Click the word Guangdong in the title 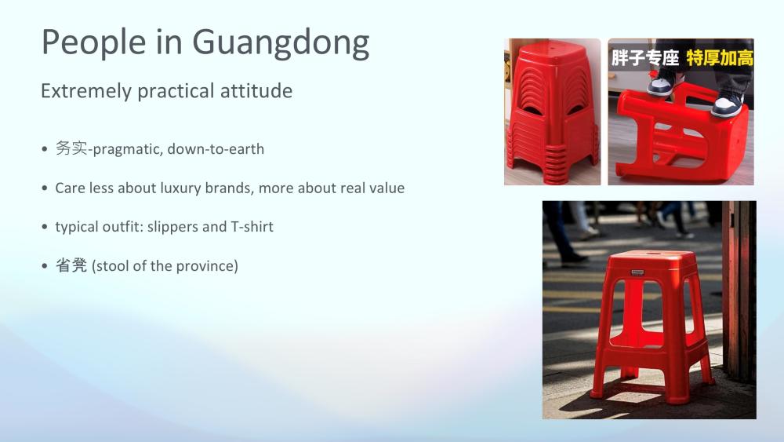281,43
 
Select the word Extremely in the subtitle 86,92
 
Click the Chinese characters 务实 71,148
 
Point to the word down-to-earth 216,149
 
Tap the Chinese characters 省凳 71,265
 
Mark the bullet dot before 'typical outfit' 45,227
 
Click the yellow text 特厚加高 720,58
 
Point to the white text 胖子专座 645,58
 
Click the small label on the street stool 637,272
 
